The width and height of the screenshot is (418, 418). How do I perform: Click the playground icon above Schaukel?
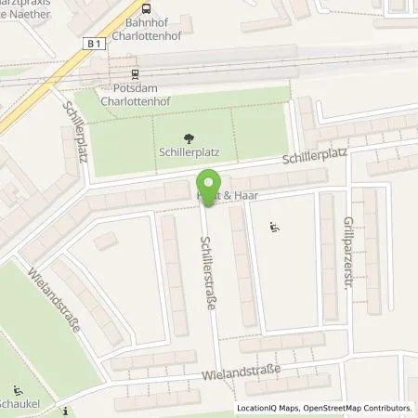click(18, 390)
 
